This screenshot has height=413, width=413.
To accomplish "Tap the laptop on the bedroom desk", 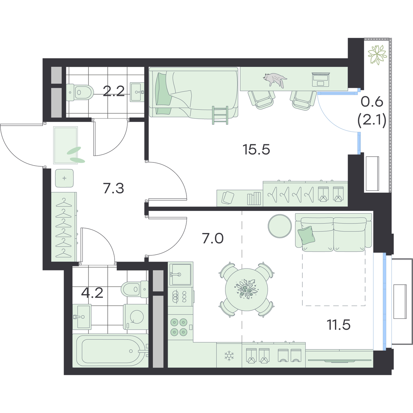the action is pyautogui.click(x=321, y=79).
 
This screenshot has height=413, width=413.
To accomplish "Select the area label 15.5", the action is pyautogui.click(x=256, y=149).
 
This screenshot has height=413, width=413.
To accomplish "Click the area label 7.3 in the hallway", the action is pyautogui.click(x=114, y=189).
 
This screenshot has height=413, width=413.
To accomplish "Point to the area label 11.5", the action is pyautogui.click(x=339, y=325).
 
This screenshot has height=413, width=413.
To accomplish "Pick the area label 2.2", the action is pyautogui.click(x=114, y=91).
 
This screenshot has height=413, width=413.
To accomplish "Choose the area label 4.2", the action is pyautogui.click(x=92, y=293).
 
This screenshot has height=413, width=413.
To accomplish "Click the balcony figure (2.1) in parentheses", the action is pyautogui.click(x=372, y=121).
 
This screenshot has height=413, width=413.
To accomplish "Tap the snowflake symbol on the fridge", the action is pyautogui.click(x=229, y=356).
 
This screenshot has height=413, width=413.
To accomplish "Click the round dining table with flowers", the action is pyautogui.click(x=246, y=289).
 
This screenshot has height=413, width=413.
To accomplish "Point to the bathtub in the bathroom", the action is pyautogui.click(x=110, y=350).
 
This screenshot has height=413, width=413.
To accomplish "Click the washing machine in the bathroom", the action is pyautogui.click(x=136, y=317).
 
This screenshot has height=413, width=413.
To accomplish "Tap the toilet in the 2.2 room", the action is pyautogui.click(x=80, y=92).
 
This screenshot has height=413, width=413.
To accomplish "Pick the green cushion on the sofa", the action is pyautogui.click(x=307, y=235).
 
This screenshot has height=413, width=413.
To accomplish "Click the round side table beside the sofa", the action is pyautogui.click(x=280, y=226).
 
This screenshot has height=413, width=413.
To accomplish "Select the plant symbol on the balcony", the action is pyautogui.click(x=377, y=55).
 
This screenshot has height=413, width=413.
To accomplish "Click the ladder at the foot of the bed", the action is pyautogui.click(x=220, y=115).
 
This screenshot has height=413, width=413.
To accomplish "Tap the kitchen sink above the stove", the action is pyautogui.click(x=180, y=274).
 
